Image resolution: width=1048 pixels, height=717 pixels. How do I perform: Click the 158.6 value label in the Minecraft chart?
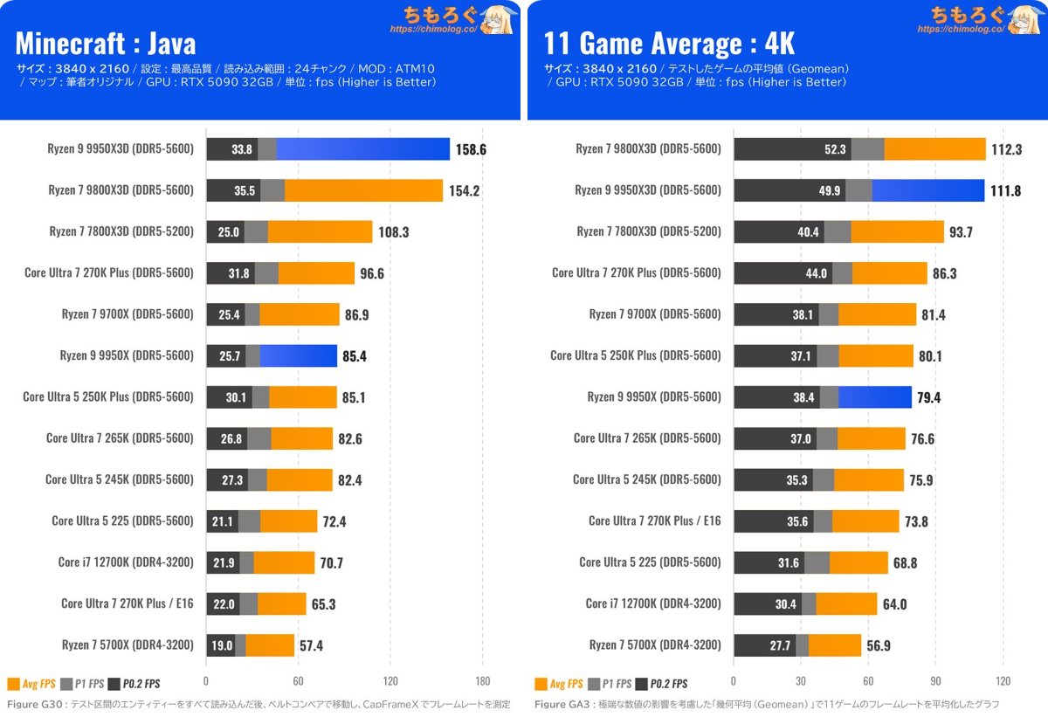tap(471, 149)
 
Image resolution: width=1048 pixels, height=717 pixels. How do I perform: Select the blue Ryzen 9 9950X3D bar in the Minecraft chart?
tap(362, 149)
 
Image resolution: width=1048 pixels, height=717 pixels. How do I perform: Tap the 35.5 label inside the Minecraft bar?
tap(245, 191)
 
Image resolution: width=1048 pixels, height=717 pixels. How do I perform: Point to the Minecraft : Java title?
tap(106, 44)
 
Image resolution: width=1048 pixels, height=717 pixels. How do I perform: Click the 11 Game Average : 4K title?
tap(669, 44)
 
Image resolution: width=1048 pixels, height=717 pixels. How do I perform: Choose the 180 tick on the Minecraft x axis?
tap(482, 681)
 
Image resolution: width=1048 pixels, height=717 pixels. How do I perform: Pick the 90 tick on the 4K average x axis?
tap(935, 681)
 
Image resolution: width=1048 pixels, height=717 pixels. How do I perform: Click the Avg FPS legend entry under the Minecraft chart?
tap(31, 684)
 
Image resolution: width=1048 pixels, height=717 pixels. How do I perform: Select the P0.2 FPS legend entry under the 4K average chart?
tap(662, 684)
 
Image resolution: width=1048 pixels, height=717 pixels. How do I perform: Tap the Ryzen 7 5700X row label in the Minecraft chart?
tap(128, 645)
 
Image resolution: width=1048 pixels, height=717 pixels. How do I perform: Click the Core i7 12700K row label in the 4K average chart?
tap(653, 603)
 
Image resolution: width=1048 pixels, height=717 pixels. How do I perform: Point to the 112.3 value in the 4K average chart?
tap(1006, 149)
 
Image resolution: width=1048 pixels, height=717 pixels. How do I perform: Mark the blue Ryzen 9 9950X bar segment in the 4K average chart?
tap(875, 397)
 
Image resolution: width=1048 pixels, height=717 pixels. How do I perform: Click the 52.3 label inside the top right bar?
tap(835, 149)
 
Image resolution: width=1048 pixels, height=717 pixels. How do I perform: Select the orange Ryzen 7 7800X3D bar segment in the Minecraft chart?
tap(320, 232)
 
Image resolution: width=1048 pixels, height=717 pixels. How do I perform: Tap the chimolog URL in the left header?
tap(434, 29)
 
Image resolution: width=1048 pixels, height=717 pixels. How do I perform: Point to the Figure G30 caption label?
tap(35, 704)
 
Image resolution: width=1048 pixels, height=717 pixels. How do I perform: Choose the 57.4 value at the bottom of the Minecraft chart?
tap(311, 646)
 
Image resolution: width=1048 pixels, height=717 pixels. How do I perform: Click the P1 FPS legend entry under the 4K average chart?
tap(610, 684)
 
